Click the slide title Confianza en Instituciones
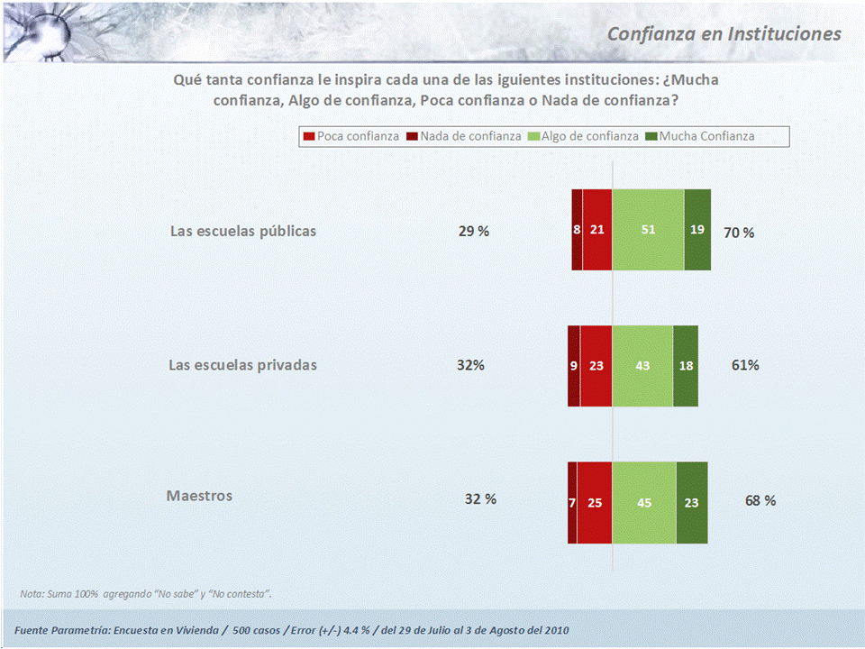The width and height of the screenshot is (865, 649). click(724, 33)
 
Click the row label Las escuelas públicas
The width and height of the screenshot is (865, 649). click(243, 231)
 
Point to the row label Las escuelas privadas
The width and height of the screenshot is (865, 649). click(243, 365)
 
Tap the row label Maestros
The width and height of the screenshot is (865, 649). click(199, 496)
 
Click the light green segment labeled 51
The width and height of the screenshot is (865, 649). click(648, 230)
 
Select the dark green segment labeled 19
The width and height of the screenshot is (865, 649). click(697, 230)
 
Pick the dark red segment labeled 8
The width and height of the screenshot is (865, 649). click(577, 230)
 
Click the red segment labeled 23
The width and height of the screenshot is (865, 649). click(596, 366)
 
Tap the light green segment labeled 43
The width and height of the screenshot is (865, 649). click(642, 366)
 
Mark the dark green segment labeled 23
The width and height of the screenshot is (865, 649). click(691, 503)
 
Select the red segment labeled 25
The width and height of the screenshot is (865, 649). click(595, 503)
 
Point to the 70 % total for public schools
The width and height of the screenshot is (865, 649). click(739, 233)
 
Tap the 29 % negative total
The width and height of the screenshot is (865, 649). click(474, 231)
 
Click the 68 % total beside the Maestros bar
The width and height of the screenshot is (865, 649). click(760, 500)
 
